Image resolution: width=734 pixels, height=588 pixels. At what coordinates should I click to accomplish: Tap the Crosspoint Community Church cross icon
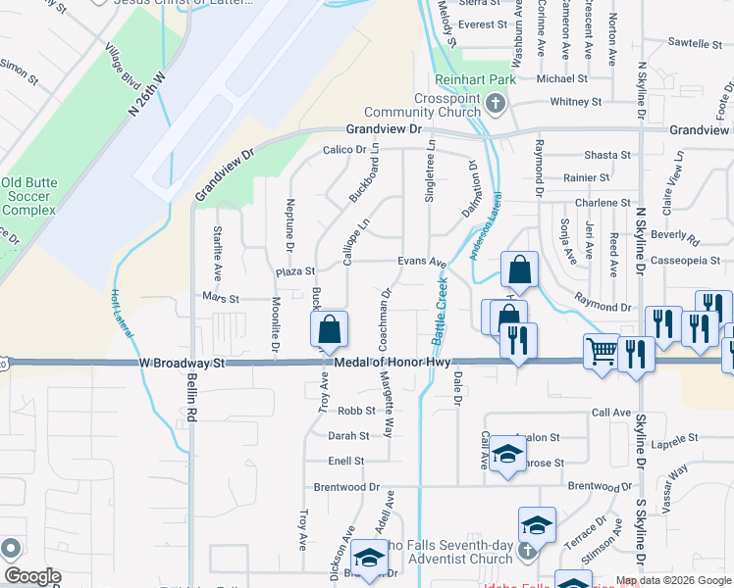496,102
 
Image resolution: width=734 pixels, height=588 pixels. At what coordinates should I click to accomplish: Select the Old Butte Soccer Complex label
27,196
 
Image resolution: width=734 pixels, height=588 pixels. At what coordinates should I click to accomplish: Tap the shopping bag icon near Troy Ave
331,329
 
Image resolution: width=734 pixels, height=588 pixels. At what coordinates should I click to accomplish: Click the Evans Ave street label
422,263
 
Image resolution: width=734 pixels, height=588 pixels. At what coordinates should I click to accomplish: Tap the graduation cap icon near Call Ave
507,453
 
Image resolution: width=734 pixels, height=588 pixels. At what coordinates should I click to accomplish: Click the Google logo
32,576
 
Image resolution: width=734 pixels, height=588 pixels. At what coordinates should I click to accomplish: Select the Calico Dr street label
344,150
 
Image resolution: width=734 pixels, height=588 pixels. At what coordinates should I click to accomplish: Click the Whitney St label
568,102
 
